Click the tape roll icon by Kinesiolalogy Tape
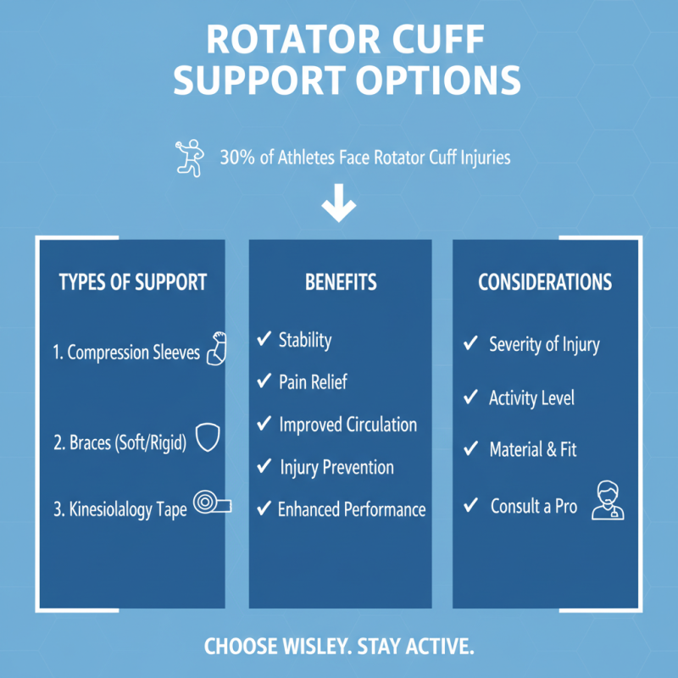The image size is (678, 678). pyautogui.click(x=212, y=504)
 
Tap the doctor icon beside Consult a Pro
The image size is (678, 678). pyautogui.click(x=607, y=500)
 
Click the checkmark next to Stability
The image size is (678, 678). pyautogui.click(x=264, y=340)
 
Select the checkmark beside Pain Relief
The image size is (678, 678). pyautogui.click(x=264, y=382)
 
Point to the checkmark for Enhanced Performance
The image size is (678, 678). pyautogui.click(x=264, y=509)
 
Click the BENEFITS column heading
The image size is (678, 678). pyautogui.click(x=341, y=282)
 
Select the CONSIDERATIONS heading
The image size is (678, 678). pyautogui.click(x=545, y=282)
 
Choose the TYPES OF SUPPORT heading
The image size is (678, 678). pyautogui.click(x=133, y=282)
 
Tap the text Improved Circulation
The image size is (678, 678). pyautogui.click(x=347, y=425)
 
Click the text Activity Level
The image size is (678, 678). pyautogui.click(x=531, y=397)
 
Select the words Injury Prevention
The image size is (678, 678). pyautogui.click(x=336, y=467)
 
